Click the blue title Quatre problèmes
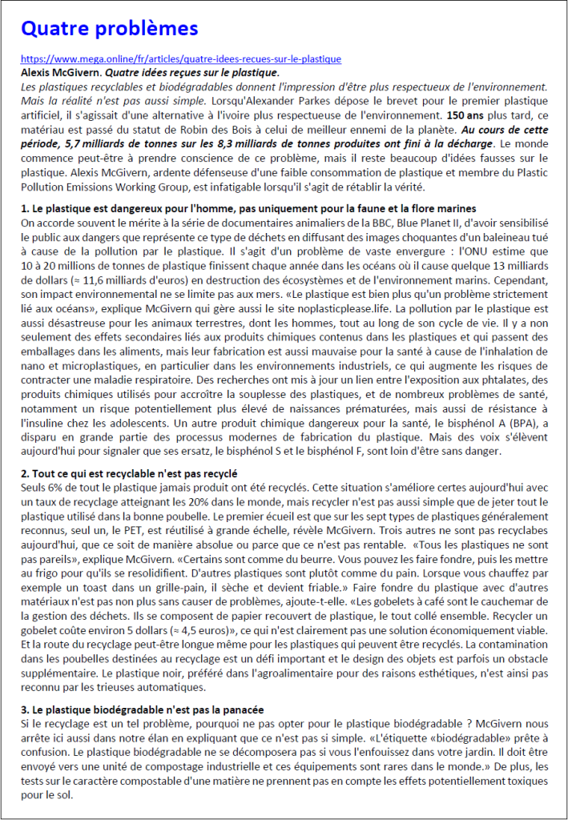tap(109, 30)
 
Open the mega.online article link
tap(180, 59)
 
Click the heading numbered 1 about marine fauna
tap(248, 208)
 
